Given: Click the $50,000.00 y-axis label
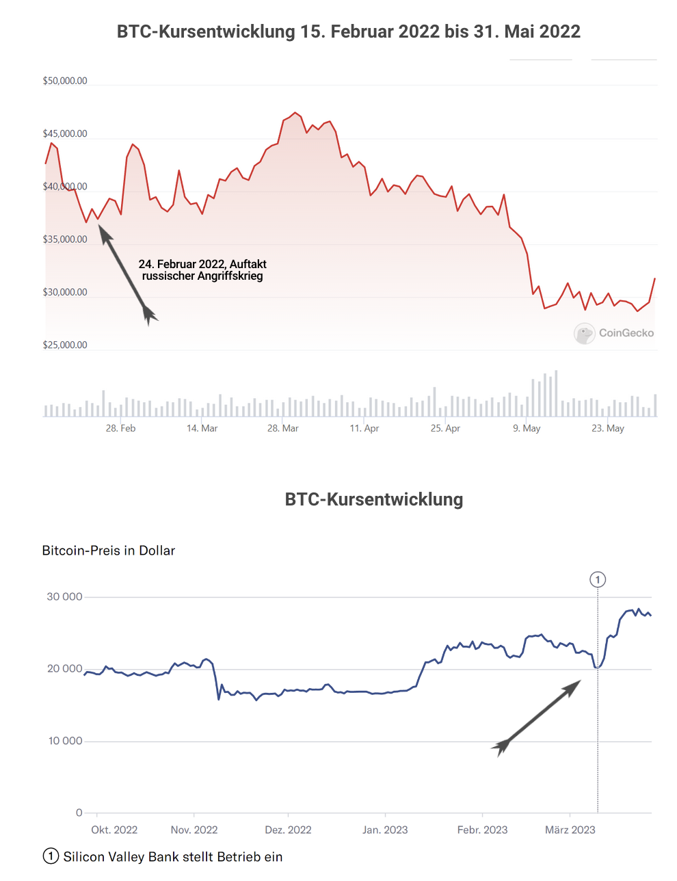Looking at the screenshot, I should (65, 81).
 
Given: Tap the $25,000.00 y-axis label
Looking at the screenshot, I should (65, 345).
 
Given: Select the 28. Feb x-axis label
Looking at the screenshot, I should (120, 428).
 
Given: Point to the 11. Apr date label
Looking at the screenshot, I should (364, 428).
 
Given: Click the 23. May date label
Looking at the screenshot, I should (608, 428).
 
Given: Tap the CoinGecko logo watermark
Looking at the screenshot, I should (614, 333).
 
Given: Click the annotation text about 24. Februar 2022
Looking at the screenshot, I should (202, 270).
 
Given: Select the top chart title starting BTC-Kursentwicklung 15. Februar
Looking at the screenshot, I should (348, 31).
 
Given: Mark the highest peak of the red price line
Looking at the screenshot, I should (295, 113).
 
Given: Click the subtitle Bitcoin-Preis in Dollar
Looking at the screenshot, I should (109, 551).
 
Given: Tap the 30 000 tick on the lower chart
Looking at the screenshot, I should (64, 596).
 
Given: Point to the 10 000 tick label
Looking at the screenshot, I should (65, 741).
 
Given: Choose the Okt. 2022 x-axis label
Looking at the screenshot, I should (114, 830).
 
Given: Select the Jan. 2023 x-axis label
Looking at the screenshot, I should (385, 830).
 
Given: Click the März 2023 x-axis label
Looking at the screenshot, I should (570, 830).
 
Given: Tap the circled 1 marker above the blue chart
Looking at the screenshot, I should (598, 580).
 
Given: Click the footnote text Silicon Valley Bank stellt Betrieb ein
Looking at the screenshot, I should (172, 857).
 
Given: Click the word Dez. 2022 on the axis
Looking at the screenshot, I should (288, 830).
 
